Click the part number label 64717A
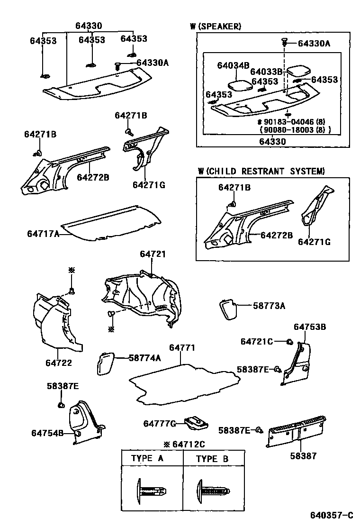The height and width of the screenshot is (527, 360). (43, 234)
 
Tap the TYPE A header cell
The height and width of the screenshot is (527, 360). (148, 458)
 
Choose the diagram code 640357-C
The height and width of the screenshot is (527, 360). (332, 515)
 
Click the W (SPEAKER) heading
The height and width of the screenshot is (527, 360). (216, 27)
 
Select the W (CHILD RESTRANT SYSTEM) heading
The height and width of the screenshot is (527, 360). (262, 171)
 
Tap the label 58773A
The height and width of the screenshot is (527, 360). (269, 306)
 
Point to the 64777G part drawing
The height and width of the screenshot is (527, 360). (196, 422)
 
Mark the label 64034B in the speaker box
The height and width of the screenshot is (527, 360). (233, 65)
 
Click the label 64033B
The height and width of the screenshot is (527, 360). (266, 72)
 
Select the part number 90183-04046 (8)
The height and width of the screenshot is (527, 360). (294, 122)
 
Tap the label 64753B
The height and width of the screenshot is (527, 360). (310, 327)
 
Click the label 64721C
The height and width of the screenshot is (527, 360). (256, 342)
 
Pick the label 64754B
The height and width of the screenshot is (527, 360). (47, 433)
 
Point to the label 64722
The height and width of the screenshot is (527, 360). (58, 363)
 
